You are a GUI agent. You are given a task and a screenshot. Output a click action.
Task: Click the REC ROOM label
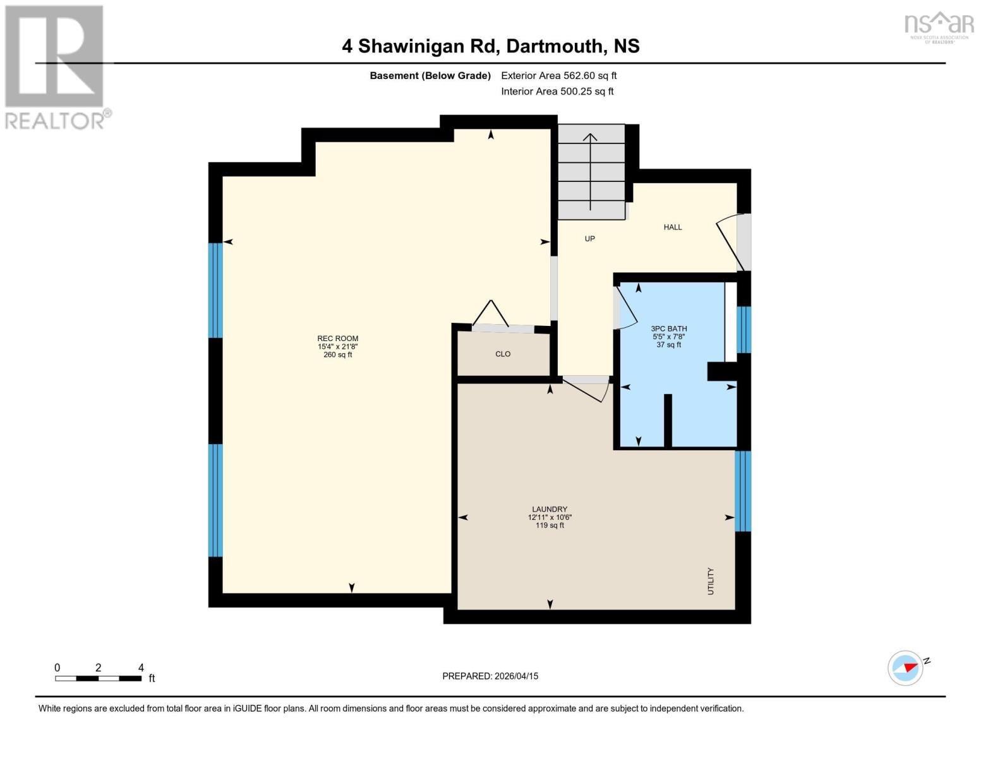coord(337,339)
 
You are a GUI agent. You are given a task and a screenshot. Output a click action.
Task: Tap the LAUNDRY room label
coord(550,509)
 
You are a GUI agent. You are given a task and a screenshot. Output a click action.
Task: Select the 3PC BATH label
coord(668,328)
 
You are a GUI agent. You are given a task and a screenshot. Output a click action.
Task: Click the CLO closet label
coord(503,354)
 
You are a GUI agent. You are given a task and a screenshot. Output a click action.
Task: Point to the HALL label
coord(673,227)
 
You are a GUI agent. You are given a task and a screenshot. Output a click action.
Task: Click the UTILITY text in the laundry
coord(711,581)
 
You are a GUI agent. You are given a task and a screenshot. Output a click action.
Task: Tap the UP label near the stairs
coord(589,239)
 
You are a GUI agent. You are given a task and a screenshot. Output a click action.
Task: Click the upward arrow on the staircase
coord(590,171)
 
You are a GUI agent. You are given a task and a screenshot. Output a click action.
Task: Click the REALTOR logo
coord(56,66)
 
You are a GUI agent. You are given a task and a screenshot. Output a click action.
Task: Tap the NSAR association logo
coord(939,27)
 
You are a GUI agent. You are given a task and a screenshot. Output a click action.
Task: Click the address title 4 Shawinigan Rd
coord(490,46)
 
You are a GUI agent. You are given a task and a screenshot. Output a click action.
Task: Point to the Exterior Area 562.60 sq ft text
coord(558,76)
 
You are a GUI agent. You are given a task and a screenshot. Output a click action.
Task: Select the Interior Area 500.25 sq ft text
coord(557,92)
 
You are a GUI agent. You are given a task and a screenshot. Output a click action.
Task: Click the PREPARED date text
coord(490,676)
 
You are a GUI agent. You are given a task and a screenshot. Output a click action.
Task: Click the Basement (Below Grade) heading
coord(430,76)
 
